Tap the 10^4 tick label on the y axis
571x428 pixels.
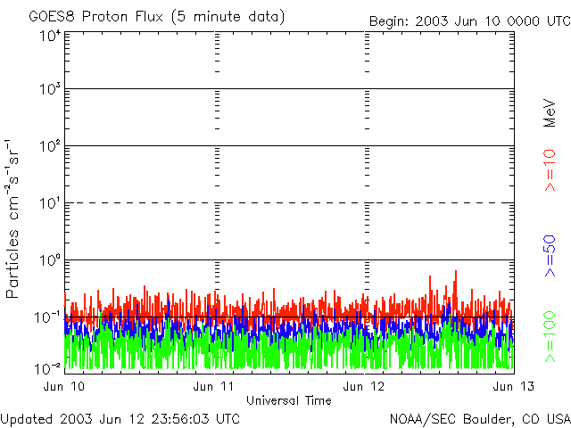(x=49, y=36)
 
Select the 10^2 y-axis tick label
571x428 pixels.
(x=49, y=148)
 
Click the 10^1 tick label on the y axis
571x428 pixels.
(x=49, y=205)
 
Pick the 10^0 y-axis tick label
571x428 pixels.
(x=49, y=261)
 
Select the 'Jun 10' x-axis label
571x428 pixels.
(x=66, y=386)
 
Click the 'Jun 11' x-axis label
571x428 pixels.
(x=215, y=386)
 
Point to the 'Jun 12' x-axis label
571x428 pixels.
(x=365, y=386)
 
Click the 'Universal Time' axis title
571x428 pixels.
(x=288, y=400)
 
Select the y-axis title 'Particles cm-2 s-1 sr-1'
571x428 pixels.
(x=14, y=218)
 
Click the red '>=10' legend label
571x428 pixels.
(x=550, y=170)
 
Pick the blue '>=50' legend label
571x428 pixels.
(x=550, y=256)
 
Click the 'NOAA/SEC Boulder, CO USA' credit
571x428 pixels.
(x=479, y=418)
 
